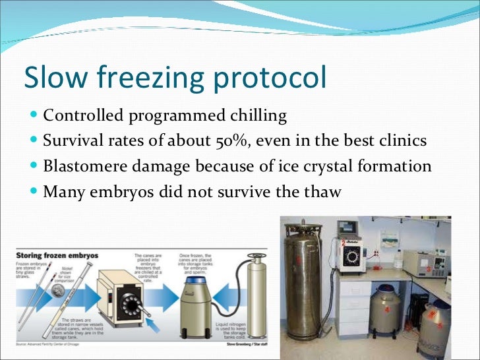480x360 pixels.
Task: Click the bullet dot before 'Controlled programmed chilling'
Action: coord(34,117)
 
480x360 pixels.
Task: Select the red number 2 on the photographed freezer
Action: coord(344,243)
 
